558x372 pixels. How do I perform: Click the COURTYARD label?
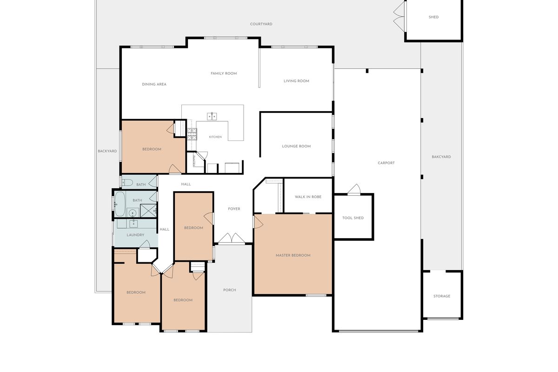click(261, 24)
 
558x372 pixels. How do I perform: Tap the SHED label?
click(433, 17)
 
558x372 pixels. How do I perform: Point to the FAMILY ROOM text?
click(224, 73)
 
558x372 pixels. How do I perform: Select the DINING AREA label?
click(154, 84)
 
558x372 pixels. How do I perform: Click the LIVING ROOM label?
click(296, 81)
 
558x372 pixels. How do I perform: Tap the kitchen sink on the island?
click(212, 116)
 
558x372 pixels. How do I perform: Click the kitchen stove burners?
click(192, 134)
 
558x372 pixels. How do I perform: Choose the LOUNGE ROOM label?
click(296, 146)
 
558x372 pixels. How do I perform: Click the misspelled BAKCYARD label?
click(441, 157)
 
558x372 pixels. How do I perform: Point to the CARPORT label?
click(386, 163)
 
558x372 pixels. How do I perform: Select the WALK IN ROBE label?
click(308, 197)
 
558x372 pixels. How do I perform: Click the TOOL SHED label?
click(353, 218)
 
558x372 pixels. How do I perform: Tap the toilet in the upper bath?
click(127, 182)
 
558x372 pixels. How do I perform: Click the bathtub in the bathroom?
click(120, 204)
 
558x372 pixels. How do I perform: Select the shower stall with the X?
click(148, 211)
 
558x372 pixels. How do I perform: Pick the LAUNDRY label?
click(135, 235)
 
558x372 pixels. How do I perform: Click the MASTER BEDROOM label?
click(293, 255)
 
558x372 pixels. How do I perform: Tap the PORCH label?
click(229, 290)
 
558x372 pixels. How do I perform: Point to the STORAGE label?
click(442, 296)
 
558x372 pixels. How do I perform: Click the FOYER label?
click(234, 209)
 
